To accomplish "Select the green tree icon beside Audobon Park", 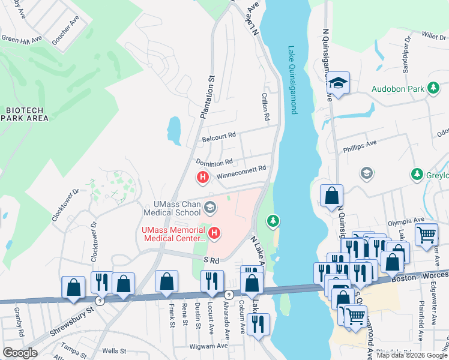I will click(x=432, y=89).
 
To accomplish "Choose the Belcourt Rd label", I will click(x=219, y=136).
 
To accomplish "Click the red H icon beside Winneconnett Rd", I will click(x=203, y=178).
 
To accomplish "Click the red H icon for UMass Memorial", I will click(x=213, y=232).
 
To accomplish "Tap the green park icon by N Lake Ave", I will click(x=274, y=221).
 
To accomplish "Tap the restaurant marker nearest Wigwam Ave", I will click(x=258, y=325).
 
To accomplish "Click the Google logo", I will click(x=20, y=353).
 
